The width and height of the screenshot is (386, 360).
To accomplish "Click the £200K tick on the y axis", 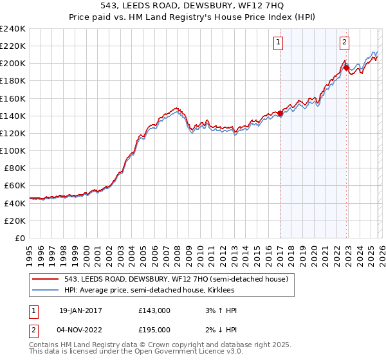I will (x=13, y=64).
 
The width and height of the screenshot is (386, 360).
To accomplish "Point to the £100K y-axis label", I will (x=13, y=150).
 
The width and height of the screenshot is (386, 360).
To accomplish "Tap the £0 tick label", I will (x=19, y=238).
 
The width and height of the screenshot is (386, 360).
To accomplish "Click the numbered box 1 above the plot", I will (x=279, y=42).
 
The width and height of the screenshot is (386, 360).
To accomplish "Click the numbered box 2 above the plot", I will (x=344, y=42).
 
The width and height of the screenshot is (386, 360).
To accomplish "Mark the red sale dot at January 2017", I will (x=280, y=114).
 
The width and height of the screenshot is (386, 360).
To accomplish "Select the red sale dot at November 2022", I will (x=346, y=67).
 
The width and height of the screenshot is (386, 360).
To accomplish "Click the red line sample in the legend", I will (x=46, y=279).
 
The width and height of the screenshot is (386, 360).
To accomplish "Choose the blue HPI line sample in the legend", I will (x=46, y=290).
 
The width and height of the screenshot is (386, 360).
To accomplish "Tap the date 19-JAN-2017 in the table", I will (x=80, y=310).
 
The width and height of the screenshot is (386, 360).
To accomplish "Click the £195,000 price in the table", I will (x=154, y=330).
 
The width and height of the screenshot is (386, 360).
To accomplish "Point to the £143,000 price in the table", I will (x=154, y=310).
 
